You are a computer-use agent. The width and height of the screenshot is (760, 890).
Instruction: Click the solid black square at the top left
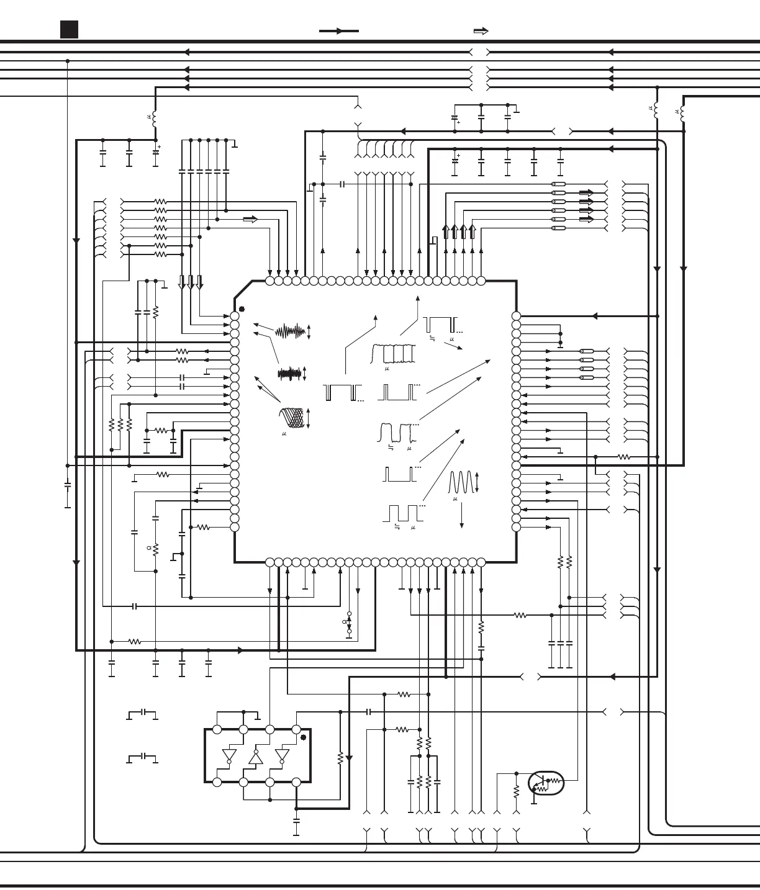click(x=69, y=29)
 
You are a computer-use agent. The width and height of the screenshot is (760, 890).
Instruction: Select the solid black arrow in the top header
click(x=339, y=31)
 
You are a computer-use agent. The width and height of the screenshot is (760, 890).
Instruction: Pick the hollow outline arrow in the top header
click(x=481, y=31)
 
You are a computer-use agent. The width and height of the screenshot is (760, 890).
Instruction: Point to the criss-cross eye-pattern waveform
click(x=294, y=418)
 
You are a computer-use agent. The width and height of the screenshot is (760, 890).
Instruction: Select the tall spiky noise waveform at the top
click(x=291, y=332)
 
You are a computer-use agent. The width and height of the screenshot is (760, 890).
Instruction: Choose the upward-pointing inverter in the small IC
click(x=256, y=757)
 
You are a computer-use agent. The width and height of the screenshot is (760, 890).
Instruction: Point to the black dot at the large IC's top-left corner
click(x=242, y=309)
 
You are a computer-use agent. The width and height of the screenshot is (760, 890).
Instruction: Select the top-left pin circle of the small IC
click(x=217, y=730)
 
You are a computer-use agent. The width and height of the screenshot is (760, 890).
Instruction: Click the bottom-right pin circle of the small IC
click(x=296, y=783)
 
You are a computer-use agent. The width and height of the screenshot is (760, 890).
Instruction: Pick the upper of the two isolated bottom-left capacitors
click(x=143, y=712)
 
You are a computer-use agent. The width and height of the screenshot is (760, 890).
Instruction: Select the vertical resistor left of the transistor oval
click(x=516, y=792)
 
